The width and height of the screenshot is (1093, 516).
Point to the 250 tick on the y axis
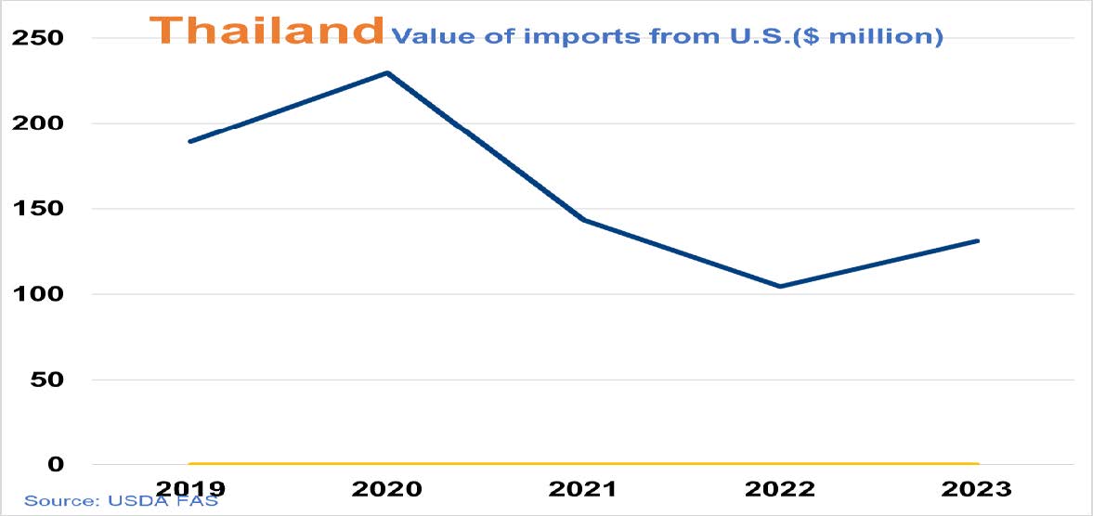37,38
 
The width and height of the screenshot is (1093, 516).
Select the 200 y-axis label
37,123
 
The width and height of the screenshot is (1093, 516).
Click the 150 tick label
37,209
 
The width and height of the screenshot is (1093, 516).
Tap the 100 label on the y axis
37,294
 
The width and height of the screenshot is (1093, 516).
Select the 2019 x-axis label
189,488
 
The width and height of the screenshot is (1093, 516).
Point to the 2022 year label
780,488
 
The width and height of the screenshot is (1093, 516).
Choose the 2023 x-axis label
977,488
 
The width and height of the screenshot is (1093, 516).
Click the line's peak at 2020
386,72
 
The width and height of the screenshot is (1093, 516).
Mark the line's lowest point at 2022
780,286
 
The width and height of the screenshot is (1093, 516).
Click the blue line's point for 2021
583,220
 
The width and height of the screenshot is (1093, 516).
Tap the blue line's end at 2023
977,241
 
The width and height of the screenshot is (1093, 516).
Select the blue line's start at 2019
189,141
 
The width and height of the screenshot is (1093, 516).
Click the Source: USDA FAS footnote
121,501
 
